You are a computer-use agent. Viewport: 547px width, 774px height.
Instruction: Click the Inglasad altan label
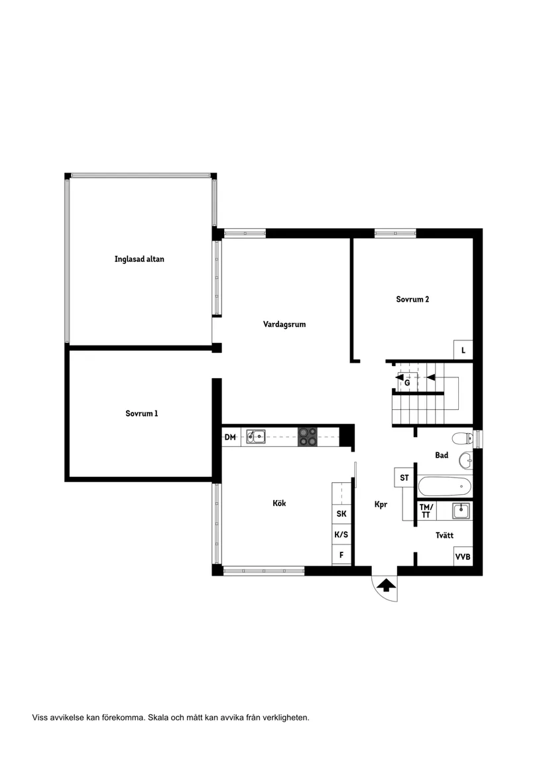pyautogui.click(x=139, y=259)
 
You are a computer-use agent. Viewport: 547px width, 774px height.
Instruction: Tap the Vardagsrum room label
pyautogui.click(x=284, y=324)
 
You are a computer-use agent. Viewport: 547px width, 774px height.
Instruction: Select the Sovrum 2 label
pyautogui.click(x=412, y=299)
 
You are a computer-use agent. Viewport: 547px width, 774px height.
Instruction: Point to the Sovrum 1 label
pyautogui.click(x=142, y=413)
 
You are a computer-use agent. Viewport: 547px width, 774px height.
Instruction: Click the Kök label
pyautogui.click(x=280, y=503)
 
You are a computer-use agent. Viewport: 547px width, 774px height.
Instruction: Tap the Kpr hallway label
pyautogui.click(x=381, y=504)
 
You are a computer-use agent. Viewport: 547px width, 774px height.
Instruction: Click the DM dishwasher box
pyautogui.click(x=231, y=436)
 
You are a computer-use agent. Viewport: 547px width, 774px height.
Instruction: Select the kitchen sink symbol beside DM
pyautogui.click(x=256, y=436)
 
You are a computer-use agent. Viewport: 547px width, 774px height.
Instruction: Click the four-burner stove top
pyautogui.click(x=308, y=436)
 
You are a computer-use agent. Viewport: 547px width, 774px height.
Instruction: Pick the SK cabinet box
pyautogui.click(x=341, y=514)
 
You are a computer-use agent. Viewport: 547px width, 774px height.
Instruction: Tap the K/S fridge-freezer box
pyautogui.click(x=341, y=535)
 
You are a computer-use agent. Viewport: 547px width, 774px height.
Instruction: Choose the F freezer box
pyautogui.click(x=341, y=555)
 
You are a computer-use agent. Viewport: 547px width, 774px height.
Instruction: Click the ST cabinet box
pyautogui.click(x=403, y=478)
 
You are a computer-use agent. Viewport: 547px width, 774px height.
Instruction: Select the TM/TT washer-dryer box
pyautogui.click(x=426, y=511)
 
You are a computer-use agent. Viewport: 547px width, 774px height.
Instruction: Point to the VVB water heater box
pyautogui.click(x=463, y=556)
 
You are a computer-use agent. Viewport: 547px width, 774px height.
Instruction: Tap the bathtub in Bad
pyautogui.click(x=445, y=485)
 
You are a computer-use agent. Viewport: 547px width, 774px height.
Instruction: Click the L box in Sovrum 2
pyautogui.click(x=463, y=350)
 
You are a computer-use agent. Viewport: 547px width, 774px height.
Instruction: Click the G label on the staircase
pyautogui.click(x=407, y=383)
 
